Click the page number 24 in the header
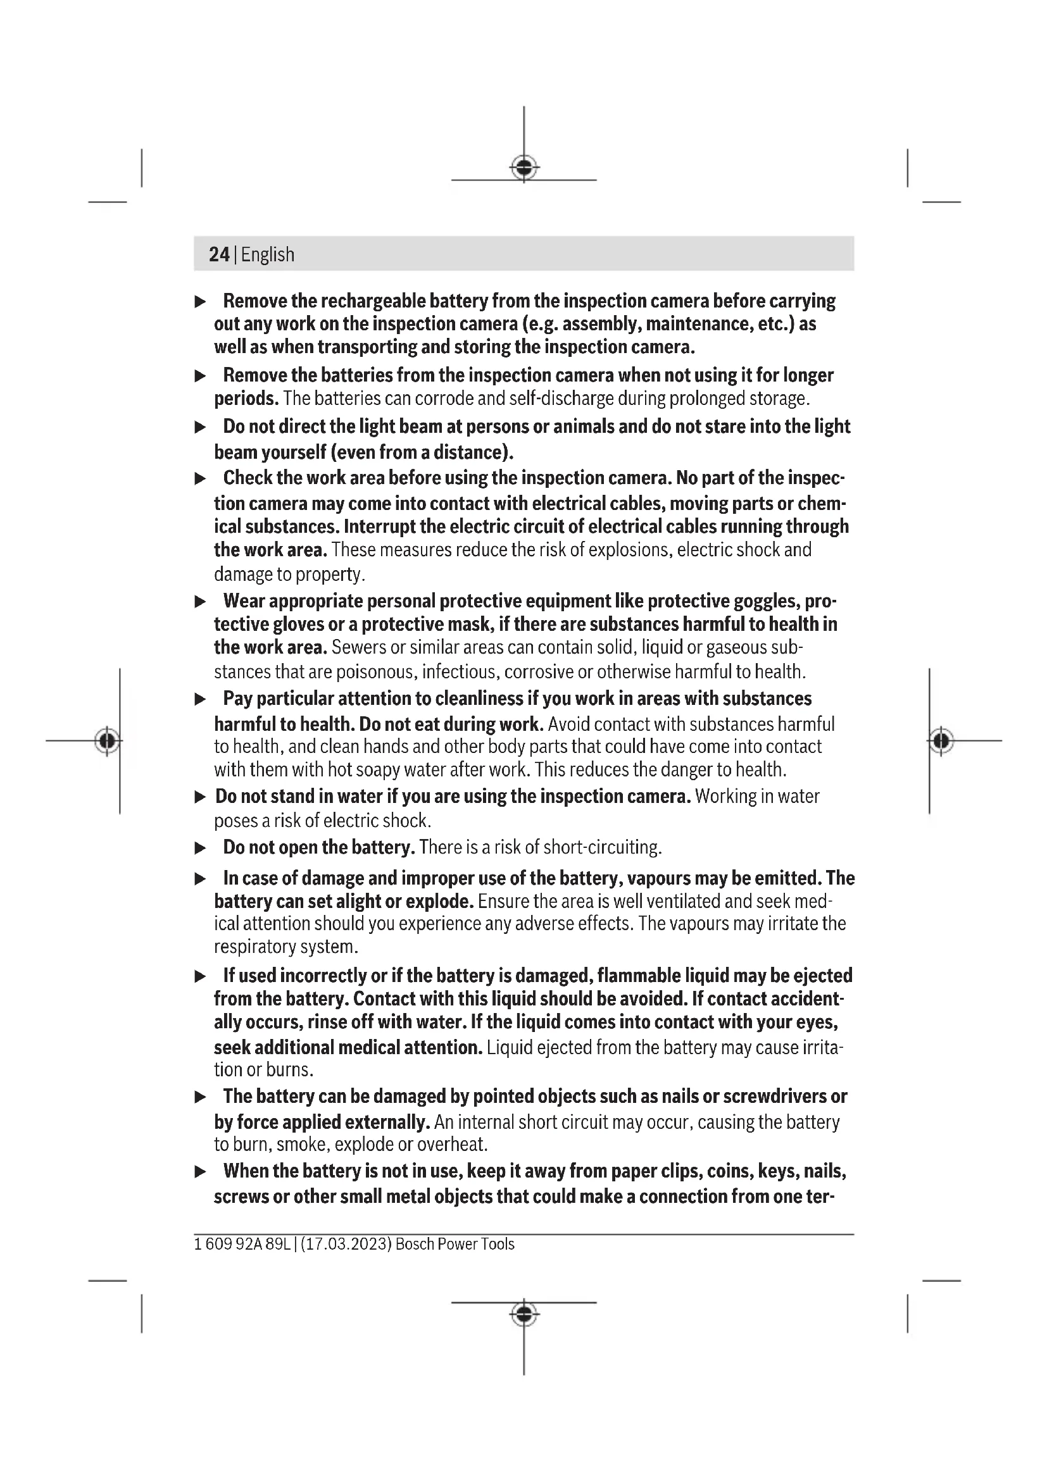point(218,254)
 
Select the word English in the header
point(268,254)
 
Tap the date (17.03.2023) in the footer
point(346,1244)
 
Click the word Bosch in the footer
point(415,1244)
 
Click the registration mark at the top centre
point(524,168)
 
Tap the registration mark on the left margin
point(108,741)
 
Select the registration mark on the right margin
point(941,741)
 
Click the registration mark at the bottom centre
point(524,1313)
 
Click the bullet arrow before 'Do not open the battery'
point(201,849)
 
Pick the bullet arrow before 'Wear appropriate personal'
point(201,602)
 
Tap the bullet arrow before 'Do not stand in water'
point(201,797)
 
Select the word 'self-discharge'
point(561,399)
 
